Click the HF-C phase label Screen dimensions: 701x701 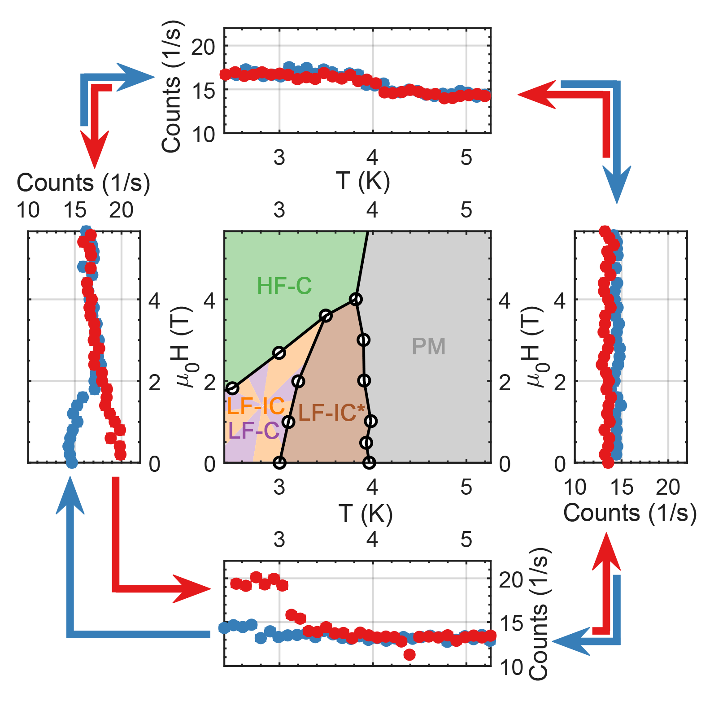coord(284,286)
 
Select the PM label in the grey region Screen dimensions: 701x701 coord(428,346)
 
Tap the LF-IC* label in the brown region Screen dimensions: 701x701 coord(331,413)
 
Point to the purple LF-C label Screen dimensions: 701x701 coord(253,431)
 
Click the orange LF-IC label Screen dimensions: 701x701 coord(256,406)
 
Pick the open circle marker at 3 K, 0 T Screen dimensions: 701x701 coord(279,462)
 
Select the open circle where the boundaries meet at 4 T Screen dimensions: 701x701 coord(356,299)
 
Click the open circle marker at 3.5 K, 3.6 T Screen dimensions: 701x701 coord(326,316)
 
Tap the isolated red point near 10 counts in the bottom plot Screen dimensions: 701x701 coord(409,654)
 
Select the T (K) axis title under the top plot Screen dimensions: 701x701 coord(363,181)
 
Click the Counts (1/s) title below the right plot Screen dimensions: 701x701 coord(630,513)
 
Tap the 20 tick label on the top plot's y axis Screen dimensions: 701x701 coord(203,47)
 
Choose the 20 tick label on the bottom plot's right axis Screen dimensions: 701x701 coord(511,580)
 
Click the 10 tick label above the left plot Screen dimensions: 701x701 coord(28,210)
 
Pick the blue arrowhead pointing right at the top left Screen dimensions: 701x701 coord(135,77)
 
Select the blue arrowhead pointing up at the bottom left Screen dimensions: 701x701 coord(70,496)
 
